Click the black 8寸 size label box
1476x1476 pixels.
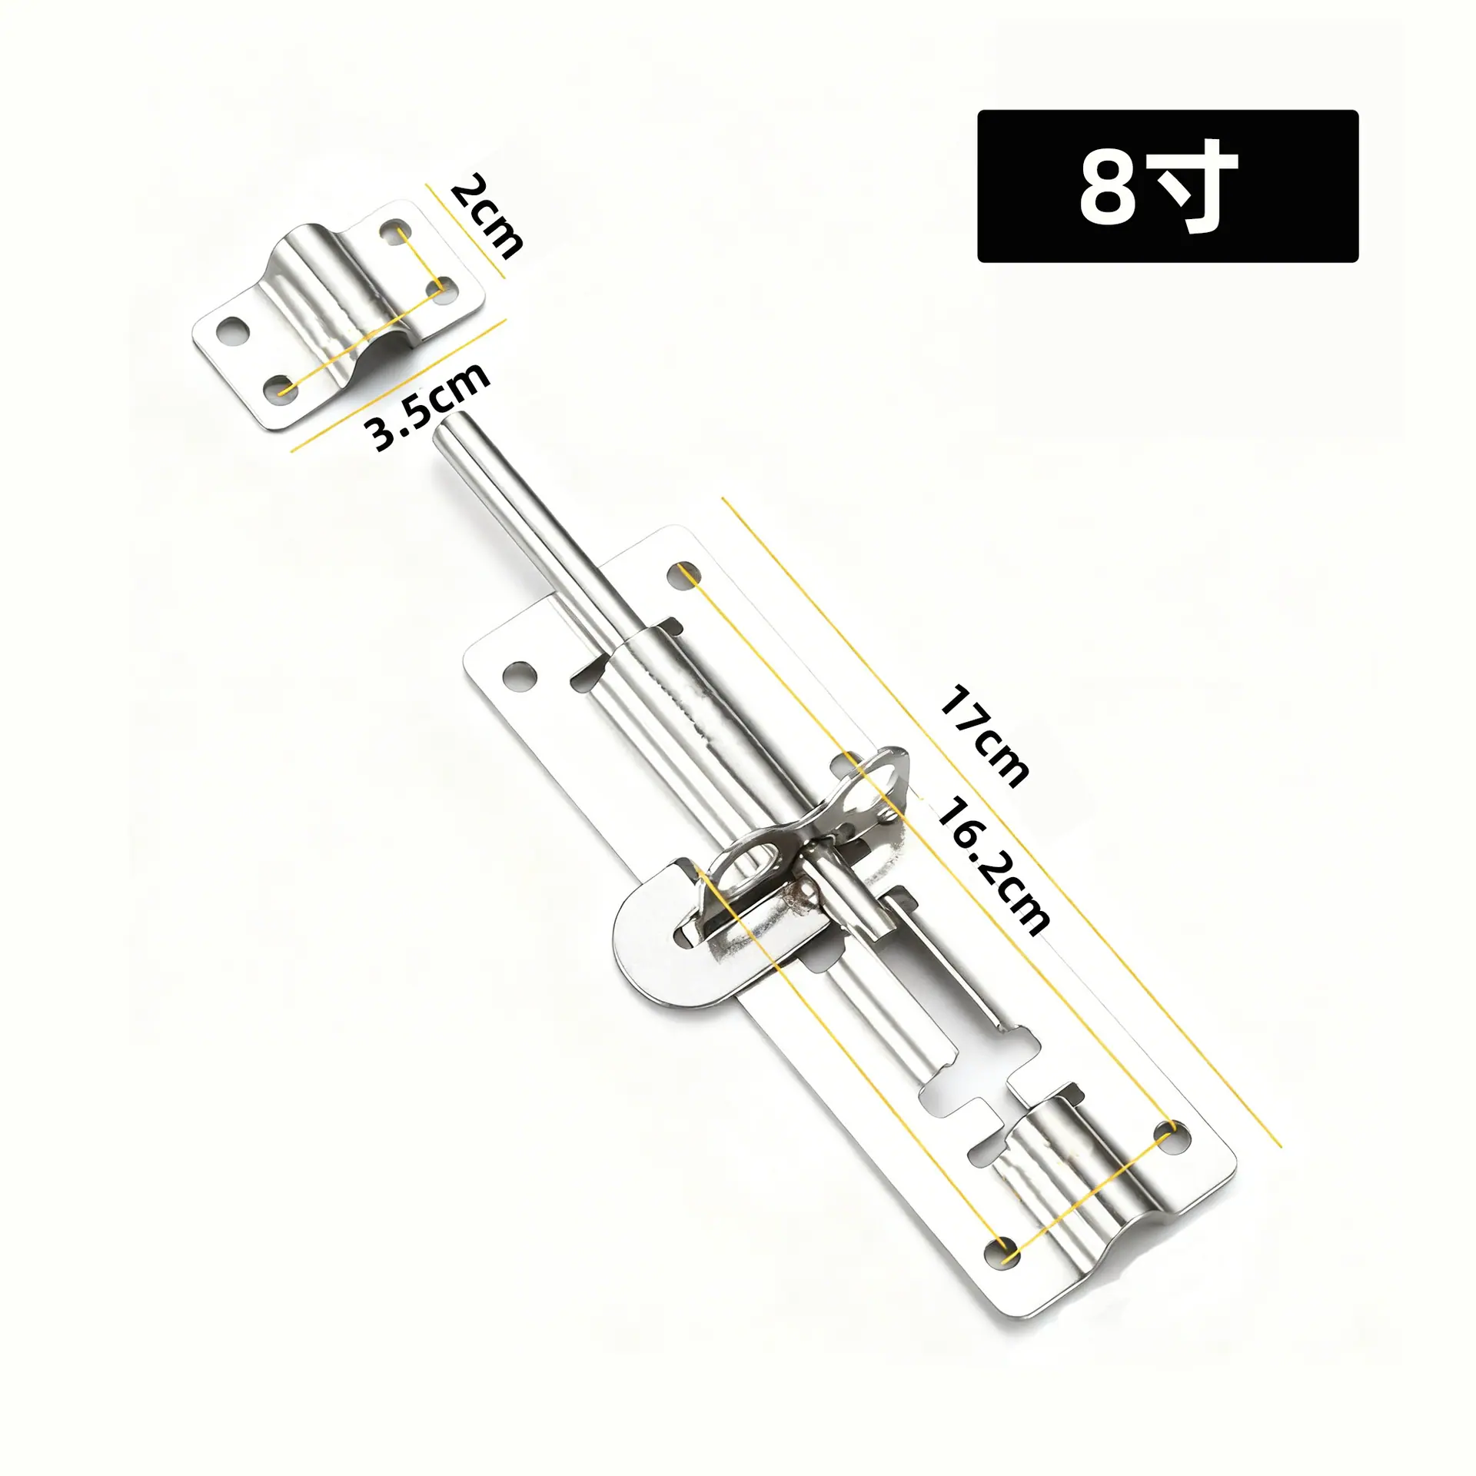[1168, 186]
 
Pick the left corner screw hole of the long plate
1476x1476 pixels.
[520, 674]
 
